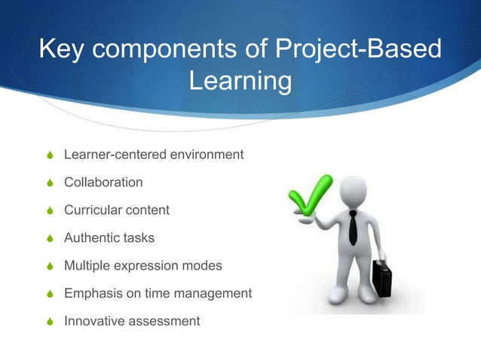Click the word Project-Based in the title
tap(357, 50)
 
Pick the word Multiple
tap(86, 266)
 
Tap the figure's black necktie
tap(353, 227)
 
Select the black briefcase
tap(382, 276)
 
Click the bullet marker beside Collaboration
tap(49, 183)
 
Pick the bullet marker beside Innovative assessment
tap(49, 322)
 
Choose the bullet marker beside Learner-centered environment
tap(49, 155)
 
